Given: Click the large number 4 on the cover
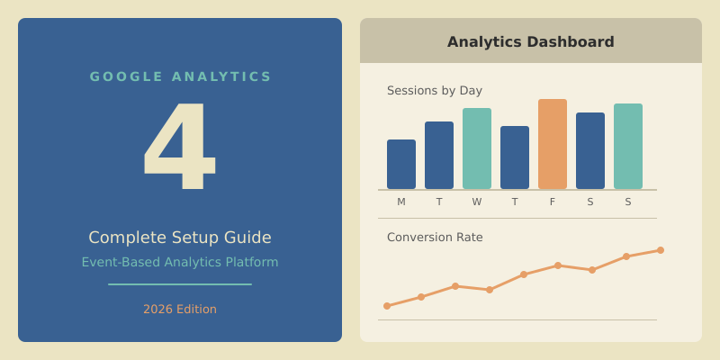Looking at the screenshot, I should coord(180,147).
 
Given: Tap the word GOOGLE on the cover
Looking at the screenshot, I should coord(126,77).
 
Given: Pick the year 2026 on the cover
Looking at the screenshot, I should coord(157,310).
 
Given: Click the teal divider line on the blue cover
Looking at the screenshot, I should coord(180,284).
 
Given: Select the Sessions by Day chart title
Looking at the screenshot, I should coord(435,91).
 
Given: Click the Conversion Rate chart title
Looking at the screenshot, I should coord(435,238).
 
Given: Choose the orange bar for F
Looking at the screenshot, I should coord(553,144).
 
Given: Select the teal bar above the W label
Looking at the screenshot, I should coord(477,148).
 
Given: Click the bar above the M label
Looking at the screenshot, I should coord(401,165).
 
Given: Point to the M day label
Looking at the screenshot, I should coord(401,202).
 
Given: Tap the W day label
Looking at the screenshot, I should coord(477,202).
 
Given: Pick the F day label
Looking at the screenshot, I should coord(553,202).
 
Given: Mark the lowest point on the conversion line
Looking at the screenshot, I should coord(387,306).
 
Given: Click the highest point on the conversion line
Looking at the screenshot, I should coord(661,250).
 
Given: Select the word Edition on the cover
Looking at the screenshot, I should coord(196,310).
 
